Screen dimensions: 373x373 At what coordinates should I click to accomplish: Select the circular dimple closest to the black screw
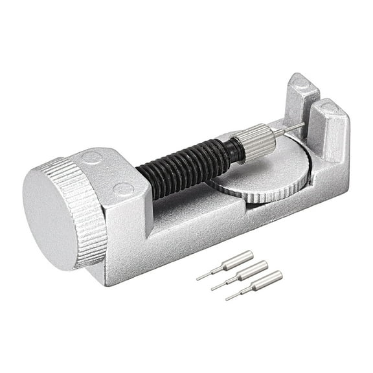(123, 189)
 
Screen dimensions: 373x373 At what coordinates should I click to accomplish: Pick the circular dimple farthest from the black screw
(93, 157)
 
